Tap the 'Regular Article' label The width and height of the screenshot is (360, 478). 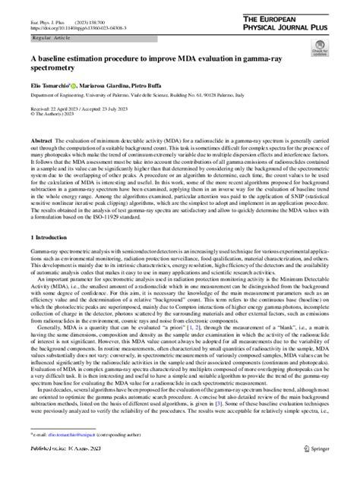click(50, 37)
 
